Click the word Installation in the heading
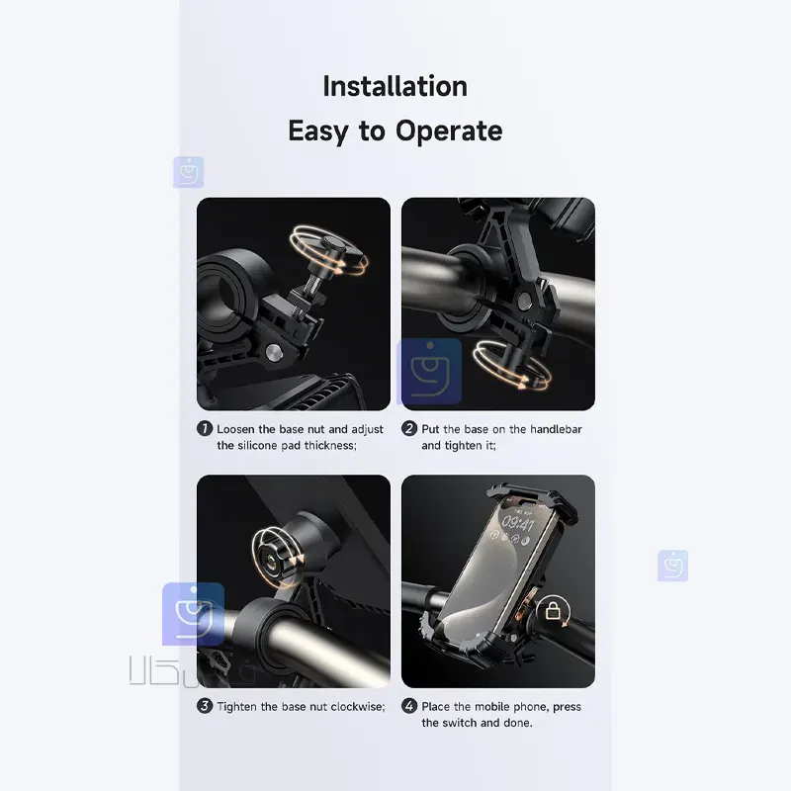point(395,86)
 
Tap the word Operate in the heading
point(449,131)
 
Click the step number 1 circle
point(205,429)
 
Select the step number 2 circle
point(409,429)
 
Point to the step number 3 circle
point(205,706)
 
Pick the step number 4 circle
point(409,706)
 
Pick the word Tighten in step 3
point(240,706)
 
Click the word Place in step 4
point(437,706)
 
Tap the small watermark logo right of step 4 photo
point(672,566)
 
